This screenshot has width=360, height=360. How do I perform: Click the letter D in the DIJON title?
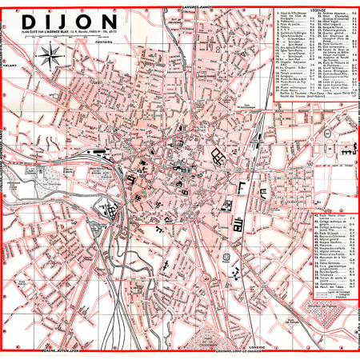point(28,20)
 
